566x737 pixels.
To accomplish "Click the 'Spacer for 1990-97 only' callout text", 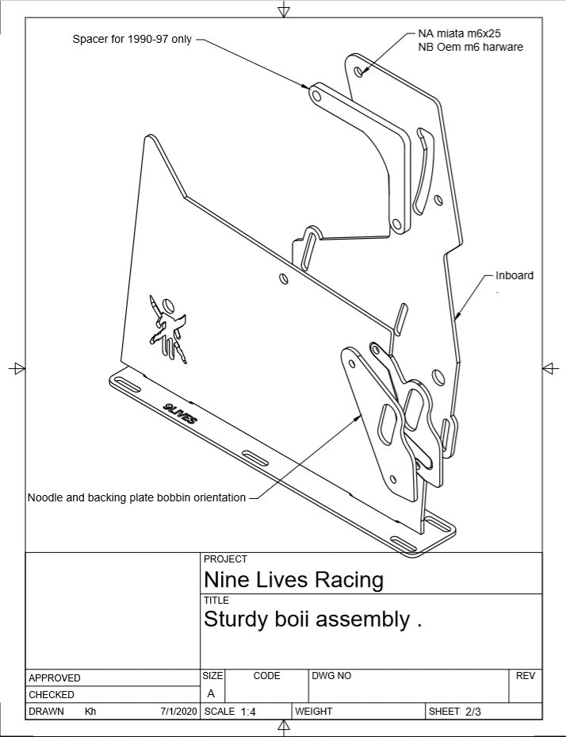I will tap(132, 39).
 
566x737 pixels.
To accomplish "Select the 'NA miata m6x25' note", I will tap(459, 34).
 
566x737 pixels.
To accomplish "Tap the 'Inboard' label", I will tap(514, 275).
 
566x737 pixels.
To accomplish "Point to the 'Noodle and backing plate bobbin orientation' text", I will tap(136, 497).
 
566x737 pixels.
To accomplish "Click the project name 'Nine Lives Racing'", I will tap(293, 579).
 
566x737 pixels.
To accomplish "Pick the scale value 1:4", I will tap(248, 712).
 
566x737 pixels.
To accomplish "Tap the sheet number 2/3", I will tap(473, 712).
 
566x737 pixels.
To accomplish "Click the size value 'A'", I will tap(211, 693).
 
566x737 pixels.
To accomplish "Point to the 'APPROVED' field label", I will tap(55, 678).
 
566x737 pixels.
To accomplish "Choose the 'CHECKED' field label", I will tap(52, 694).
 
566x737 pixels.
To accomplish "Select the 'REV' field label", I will tap(526, 676).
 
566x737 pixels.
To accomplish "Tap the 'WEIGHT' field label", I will tap(314, 712).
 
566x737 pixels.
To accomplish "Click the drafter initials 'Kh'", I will tap(90, 712).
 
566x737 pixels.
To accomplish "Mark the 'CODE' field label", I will tap(266, 676).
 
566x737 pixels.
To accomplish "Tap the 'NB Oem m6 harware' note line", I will tap(470, 47).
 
